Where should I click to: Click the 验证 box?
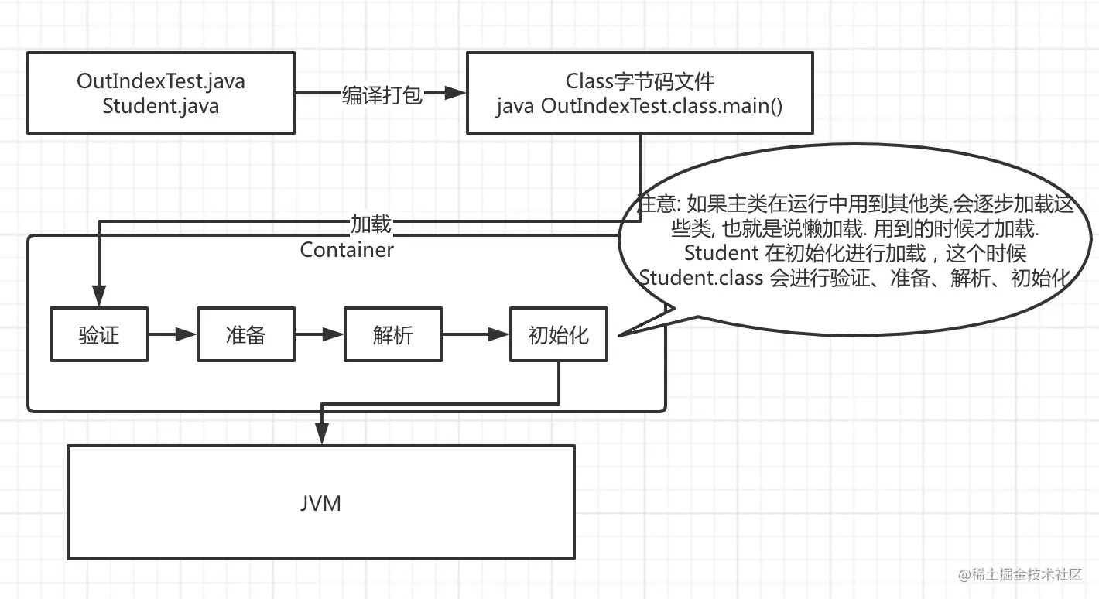(x=99, y=334)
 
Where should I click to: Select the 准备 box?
(x=246, y=334)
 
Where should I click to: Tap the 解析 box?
(x=393, y=334)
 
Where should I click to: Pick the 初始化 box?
(x=559, y=334)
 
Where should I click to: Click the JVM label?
(x=320, y=503)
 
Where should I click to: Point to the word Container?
(x=347, y=250)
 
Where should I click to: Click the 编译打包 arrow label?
(x=382, y=94)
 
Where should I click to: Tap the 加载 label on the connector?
(x=371, y=224)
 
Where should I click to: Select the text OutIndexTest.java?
(x=161, y=81)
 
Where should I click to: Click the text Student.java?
(x=161, y=106)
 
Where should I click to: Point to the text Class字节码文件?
(x=640, y=80)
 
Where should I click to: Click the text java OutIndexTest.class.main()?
(x=640, y=106)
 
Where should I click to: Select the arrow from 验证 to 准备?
(x=172, y=334)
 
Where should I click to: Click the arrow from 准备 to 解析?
(x=319, y=334)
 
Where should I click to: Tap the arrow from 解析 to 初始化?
(x=475, y=334)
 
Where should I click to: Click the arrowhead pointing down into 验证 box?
(x=98, y=298)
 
